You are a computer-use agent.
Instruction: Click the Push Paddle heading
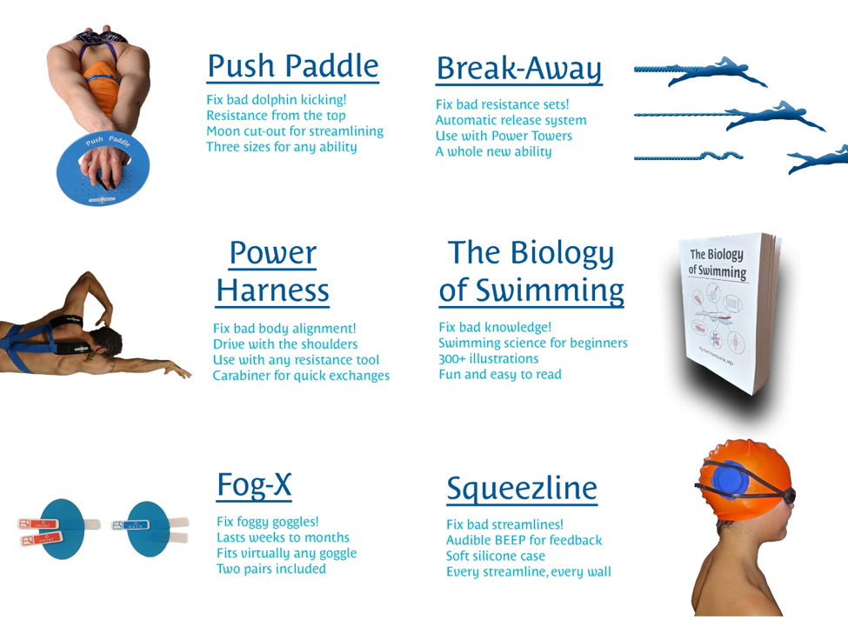293,66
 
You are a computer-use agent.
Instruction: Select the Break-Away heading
518,67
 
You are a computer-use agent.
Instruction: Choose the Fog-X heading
253,484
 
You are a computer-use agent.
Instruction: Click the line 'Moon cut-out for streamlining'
294,131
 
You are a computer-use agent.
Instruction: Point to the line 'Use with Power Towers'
504,136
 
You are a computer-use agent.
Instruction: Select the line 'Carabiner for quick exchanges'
301,376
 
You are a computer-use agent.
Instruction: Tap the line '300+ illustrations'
488,358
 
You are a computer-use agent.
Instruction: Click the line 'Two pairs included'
271,569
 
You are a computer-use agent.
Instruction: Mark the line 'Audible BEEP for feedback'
524,540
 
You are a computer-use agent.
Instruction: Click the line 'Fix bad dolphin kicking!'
276,99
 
